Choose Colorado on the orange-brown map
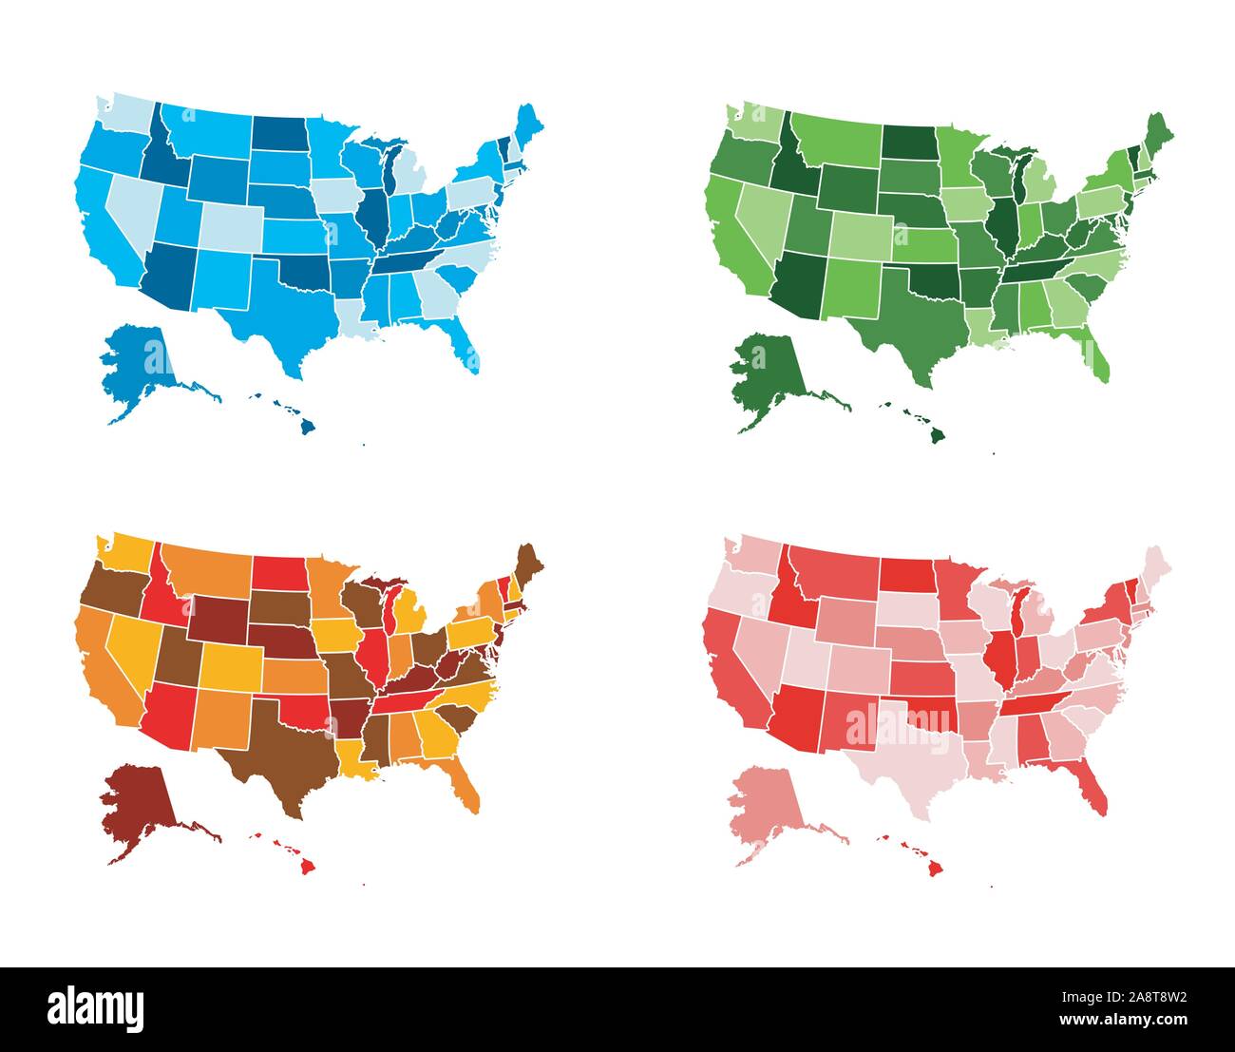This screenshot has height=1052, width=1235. pyautogui.click(x=229, y=666)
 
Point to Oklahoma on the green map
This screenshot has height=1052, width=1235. pyautogui.click(x=937, y=279)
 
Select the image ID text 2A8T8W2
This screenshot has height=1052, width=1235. pyautogui.click(x=1133, y=998)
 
